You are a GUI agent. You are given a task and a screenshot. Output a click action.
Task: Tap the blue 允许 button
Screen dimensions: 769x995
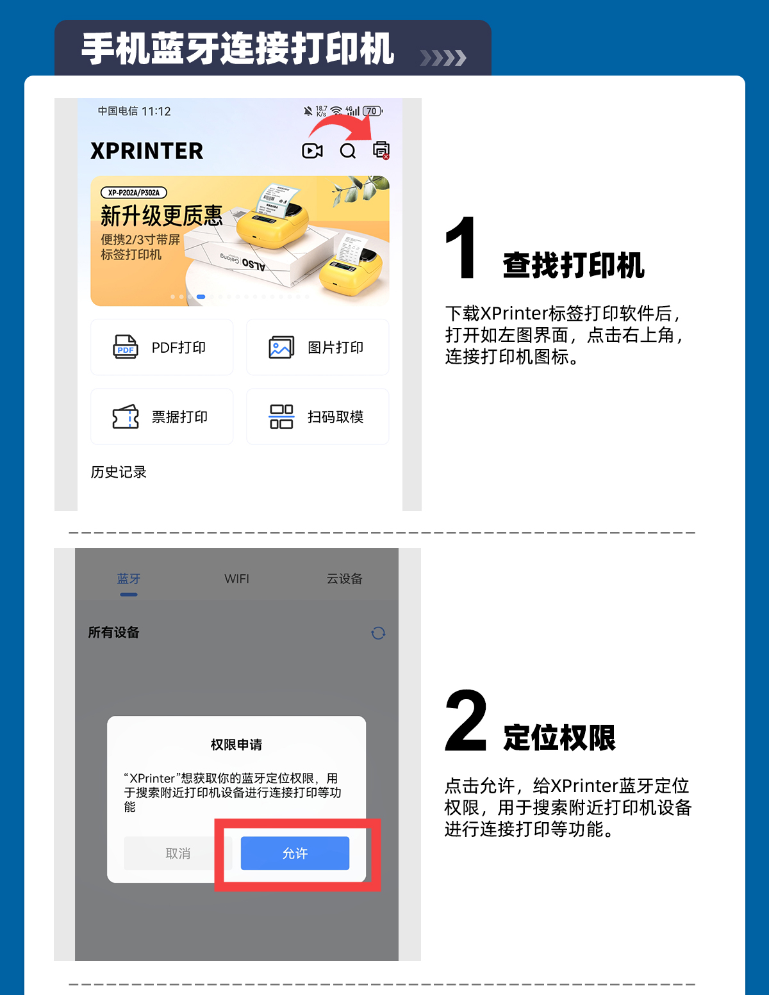[295, 853]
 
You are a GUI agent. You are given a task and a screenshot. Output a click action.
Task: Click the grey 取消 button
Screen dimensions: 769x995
[178, 853]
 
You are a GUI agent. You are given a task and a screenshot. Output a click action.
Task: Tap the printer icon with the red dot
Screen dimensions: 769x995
[381, 150]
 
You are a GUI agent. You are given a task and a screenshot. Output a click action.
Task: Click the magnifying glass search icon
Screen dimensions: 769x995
[348, 150]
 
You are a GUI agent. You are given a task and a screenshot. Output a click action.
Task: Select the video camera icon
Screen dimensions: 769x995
[312, 150]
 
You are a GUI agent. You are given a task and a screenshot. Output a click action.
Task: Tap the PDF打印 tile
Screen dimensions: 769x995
[161, 347]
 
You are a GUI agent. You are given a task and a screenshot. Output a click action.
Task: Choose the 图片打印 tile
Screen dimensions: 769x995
[318, 347]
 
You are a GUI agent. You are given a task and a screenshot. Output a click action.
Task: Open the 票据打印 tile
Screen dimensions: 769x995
[161, 416]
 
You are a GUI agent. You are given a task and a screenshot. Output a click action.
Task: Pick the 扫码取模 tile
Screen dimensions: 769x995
[318, 416]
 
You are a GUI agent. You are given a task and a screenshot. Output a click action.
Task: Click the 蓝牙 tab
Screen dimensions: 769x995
[129, 579]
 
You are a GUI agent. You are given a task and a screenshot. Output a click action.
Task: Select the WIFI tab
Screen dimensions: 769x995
[236, 579]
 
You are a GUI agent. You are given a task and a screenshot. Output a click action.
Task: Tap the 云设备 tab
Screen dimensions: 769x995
[344, 579]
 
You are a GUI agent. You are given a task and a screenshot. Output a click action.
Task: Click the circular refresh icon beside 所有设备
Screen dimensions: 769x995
[378, 633]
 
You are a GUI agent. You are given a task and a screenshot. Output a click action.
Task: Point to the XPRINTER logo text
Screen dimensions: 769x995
[147, 150]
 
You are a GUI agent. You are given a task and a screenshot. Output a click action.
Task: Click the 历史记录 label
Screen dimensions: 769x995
[119, 472]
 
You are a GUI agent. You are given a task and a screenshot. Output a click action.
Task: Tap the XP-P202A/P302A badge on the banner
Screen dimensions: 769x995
[134, 193]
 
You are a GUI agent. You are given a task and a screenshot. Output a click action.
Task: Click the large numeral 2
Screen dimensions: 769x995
[465, 720]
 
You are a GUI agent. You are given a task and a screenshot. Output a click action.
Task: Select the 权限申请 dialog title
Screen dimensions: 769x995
[236, 745]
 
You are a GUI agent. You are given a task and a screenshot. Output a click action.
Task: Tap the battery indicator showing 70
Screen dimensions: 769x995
[372, 111]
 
